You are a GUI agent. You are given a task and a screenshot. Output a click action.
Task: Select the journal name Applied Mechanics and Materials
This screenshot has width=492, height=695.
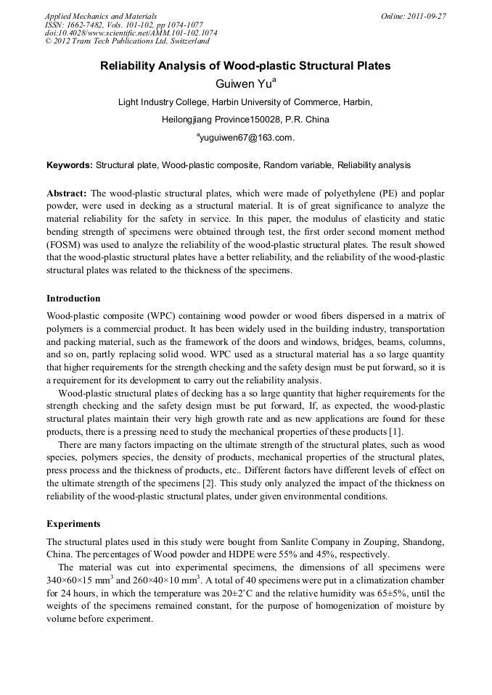click(x=101, y=15)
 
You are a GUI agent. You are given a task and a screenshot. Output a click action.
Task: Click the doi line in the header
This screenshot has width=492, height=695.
click(x=131, y=33)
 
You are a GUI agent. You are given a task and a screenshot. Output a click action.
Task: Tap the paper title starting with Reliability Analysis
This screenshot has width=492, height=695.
click(x=245, y=66)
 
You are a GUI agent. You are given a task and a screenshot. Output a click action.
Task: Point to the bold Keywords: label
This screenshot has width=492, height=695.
click(x=70, y=165)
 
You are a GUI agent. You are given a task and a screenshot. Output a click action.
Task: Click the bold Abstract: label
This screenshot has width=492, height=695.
click(x=67, y=194)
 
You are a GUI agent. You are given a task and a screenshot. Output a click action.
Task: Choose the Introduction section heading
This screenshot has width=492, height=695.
click(x=73, y=299)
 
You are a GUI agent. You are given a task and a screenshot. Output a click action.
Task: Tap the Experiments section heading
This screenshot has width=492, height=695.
click(x=73, y=523)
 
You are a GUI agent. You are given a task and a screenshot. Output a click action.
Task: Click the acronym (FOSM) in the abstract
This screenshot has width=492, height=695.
click(x=65, y=246)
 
